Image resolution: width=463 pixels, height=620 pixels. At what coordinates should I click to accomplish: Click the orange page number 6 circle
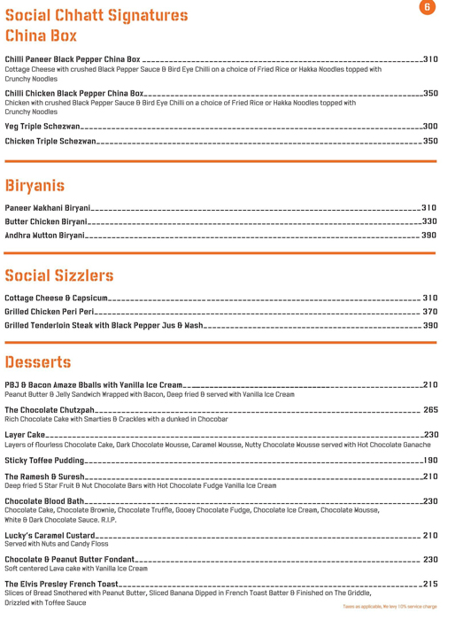pyautogui.click(x=428, y=7)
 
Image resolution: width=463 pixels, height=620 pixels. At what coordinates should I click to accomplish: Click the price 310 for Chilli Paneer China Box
pyautogui.click(x=430, y=59)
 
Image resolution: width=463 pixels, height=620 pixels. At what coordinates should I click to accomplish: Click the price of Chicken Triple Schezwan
pyautogui.click(x=430, y=141)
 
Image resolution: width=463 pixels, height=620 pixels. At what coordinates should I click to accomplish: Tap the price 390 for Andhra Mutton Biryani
pyautogui.click(x=429, y=236)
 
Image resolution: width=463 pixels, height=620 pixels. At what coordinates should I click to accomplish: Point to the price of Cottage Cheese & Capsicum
pyautogui.click(x=430, y=298)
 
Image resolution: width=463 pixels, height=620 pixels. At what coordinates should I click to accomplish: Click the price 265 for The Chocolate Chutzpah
pyautogui.click(x=431, y=410)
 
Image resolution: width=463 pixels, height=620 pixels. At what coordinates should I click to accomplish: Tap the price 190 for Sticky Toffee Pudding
pyautogui.click(x=430, y=461)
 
